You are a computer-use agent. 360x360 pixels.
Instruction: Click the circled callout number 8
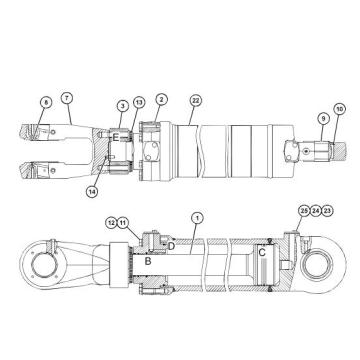click(x=46, y=100)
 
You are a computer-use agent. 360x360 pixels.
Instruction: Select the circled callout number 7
click(x=67, y=96)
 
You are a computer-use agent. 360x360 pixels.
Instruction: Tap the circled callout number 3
click(x=122, y=105)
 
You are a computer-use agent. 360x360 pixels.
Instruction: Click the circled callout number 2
click(x=161, y=100)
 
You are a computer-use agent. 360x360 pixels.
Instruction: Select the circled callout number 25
click(x=303, y=211)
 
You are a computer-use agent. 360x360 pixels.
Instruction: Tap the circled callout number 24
click(x=316, y=211)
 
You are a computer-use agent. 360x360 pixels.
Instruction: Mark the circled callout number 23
click(x=329, y=211)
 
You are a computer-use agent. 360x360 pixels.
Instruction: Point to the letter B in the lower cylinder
click(x=147, y=261)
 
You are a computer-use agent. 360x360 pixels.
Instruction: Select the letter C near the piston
click(x=261, y=253)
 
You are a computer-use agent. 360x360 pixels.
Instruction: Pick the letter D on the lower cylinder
click(x=171, y=245)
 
